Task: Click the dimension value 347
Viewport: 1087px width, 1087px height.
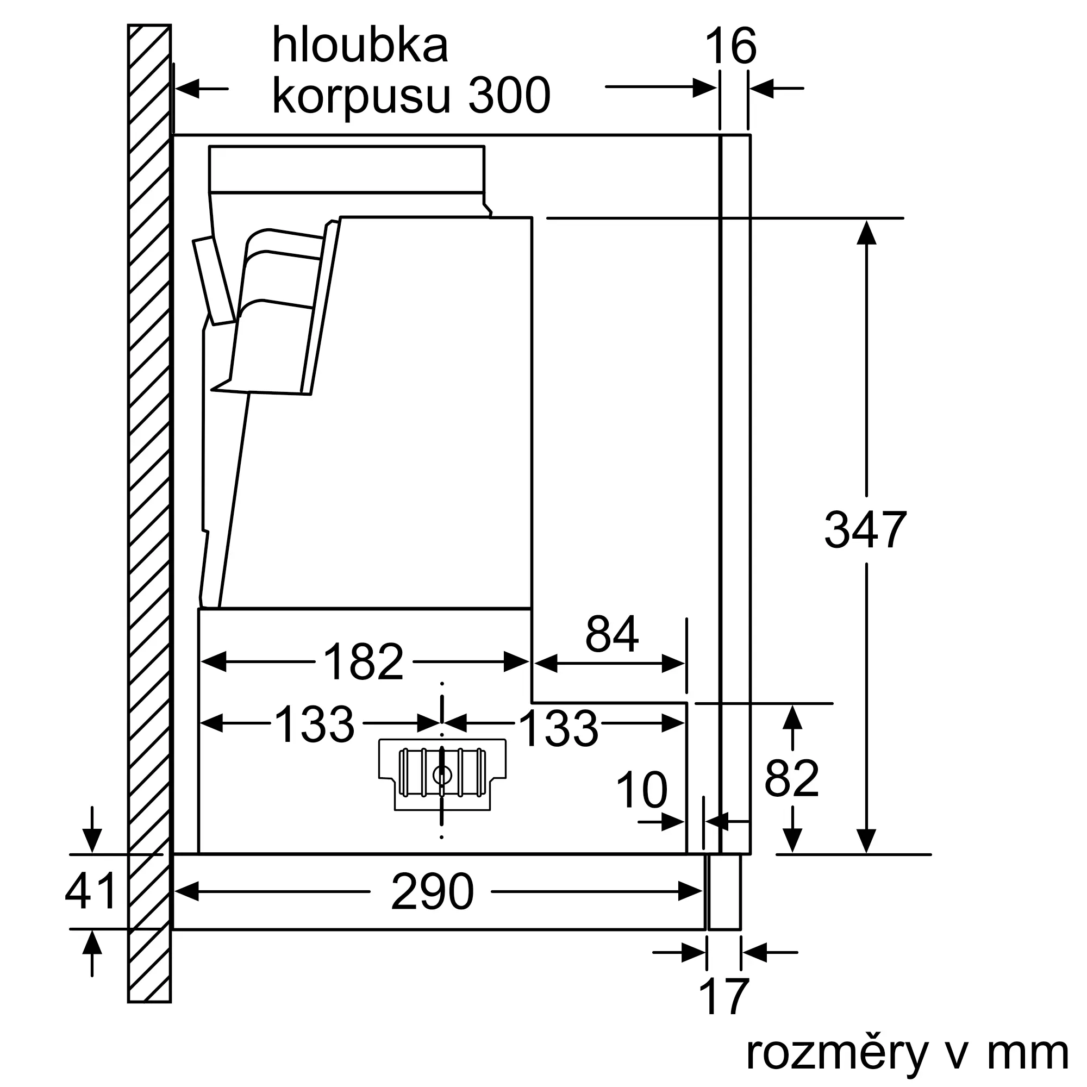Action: pyautogui.click(x=865, y=530)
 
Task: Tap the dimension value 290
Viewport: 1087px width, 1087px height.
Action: pyautogui.click(x=432, y=892)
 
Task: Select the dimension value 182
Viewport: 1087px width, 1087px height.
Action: pyautogui.click(x=364, y=662)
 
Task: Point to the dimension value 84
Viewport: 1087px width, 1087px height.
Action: pyautogui.click(x=611, y=634)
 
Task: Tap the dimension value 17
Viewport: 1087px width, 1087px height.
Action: pyautogui.click(x=723, y=996)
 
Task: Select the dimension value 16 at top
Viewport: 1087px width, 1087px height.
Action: pyautogui.click(x=730, y=47)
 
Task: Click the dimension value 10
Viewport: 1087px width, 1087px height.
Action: pyautogui.click(x=641, y=790)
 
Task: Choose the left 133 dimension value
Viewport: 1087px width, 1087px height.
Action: pyautogui.click(x=315, y=724)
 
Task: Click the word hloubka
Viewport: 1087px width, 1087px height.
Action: pyautogui.click(x=360, y=45)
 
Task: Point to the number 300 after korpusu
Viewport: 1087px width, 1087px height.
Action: pyautogui.click(x=509, y=96)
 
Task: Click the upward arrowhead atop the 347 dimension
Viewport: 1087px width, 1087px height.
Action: pyautogui.click(x=866, y=233)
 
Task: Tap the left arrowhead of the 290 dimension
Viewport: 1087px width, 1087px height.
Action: pyautogui.click(x=187, y=891)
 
